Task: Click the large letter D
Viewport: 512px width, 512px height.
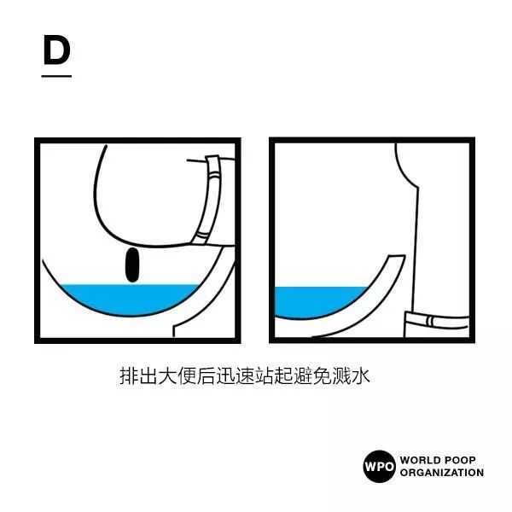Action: coord(57,50)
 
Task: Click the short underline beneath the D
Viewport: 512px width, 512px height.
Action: coord(56,77)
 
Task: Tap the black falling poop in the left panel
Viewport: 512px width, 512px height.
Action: coord(132,265)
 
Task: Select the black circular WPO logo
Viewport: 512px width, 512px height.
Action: coord(379,466)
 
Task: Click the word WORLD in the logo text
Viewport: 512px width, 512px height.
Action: coord(420,460)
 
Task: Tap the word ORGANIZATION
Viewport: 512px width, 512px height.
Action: coord(442,473)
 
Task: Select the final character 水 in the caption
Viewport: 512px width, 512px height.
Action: coord(360,375)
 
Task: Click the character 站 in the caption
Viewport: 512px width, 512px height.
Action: coord(264,375)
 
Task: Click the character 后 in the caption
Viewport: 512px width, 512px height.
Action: coord(206,375)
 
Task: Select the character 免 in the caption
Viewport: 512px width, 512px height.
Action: coord(322,375)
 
